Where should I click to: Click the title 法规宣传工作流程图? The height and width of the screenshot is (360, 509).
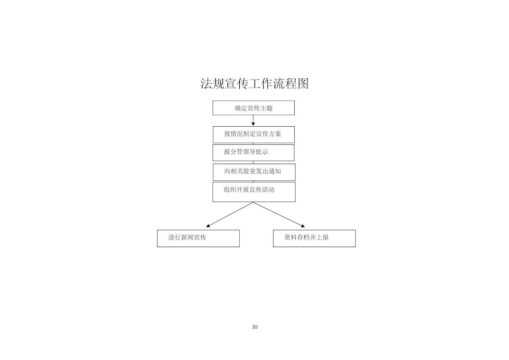pos(254,84)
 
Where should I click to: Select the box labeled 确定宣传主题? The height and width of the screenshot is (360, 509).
pos(253,108)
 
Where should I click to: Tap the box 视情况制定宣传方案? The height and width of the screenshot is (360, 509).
pos(253,135)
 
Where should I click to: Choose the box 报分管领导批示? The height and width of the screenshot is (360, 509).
pos(253,153)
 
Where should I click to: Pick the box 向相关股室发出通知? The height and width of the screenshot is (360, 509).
pos(254,172)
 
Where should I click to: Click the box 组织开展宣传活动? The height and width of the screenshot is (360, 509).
pos(254,192)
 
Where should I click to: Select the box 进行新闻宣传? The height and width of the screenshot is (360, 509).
pos(199,238)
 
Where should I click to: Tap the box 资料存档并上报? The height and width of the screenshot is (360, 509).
pos(314,238)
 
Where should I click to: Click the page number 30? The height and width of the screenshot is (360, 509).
pos(254,327)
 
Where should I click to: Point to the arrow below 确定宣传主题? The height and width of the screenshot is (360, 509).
pos(253,121)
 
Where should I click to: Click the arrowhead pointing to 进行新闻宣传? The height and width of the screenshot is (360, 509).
pos(208,226)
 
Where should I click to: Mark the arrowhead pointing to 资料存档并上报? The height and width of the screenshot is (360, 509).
pos(303,226)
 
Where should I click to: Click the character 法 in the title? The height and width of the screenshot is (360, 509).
pos(206,84)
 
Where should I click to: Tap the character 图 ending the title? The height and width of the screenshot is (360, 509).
pos(303,84)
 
